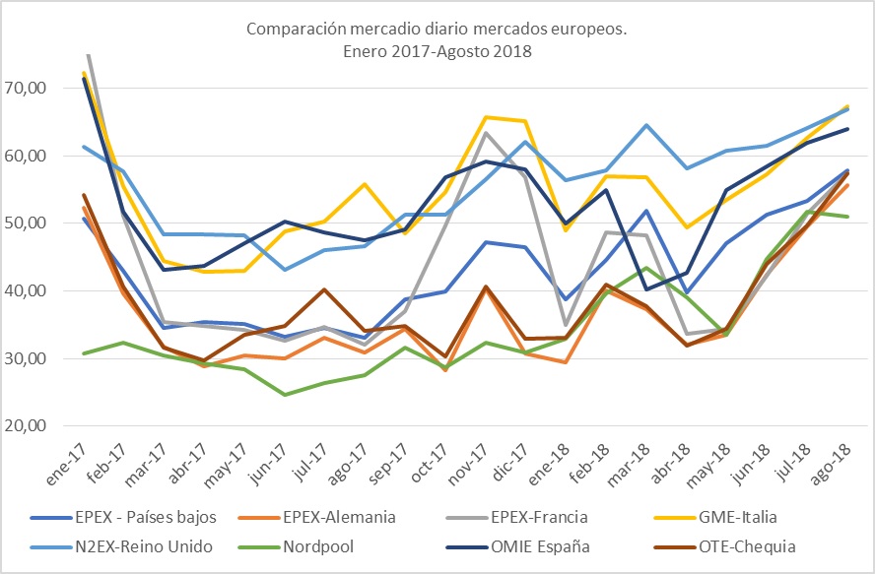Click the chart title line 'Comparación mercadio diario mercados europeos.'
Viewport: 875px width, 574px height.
click(436, 30)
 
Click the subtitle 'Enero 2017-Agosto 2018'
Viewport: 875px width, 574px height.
click(436, 51)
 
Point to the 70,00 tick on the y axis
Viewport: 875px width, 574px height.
click(27, 88)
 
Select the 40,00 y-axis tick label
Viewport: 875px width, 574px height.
click(27, 290)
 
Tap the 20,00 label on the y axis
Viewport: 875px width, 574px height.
click(27, 426)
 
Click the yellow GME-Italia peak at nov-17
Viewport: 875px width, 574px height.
click(486, 117)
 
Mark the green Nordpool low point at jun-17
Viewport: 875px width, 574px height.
click(285, 395)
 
